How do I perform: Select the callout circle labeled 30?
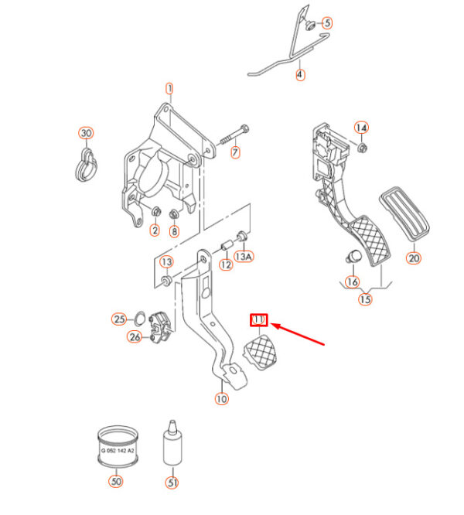point(85,134)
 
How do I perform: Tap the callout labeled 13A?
point(245,257)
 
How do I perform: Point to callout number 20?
point(414,258)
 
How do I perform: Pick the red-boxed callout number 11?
point(258,319)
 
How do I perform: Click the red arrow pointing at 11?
point(302,337)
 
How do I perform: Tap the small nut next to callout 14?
point(363,146)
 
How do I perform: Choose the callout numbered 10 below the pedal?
point(222,399)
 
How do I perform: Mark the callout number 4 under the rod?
point(300,76)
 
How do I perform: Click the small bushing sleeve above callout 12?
point(227,247)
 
